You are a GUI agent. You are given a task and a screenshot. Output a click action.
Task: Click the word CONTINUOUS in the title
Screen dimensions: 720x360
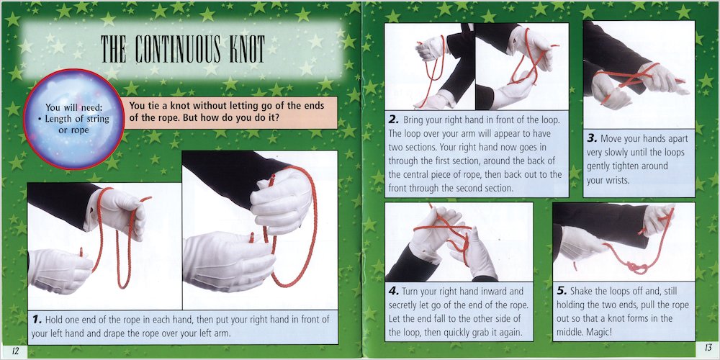(x=169, y=49)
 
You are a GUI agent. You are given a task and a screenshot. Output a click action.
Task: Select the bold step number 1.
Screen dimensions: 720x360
(x=37, y=319)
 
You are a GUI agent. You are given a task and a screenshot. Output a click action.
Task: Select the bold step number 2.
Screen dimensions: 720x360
(x=394, y=120)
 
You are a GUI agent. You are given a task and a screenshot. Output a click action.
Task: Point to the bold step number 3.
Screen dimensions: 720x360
(x=592, y=138)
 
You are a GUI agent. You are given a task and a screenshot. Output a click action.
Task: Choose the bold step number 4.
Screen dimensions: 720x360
(x=394, y=291)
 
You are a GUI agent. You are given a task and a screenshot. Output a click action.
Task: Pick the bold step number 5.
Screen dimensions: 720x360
(x=562, y=291)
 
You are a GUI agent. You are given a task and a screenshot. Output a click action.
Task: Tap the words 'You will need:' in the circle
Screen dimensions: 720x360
(x=73, y=108)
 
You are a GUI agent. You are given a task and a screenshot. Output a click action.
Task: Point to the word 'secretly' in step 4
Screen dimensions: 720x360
(x=403, y=305)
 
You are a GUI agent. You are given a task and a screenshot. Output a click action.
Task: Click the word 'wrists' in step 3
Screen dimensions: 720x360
(x=617, y=181)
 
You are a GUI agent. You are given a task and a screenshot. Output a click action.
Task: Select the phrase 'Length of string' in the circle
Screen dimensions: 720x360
(x=77, y=119)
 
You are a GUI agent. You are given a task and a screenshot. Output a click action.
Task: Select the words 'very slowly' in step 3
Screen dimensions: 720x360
(x=608, y=153)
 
